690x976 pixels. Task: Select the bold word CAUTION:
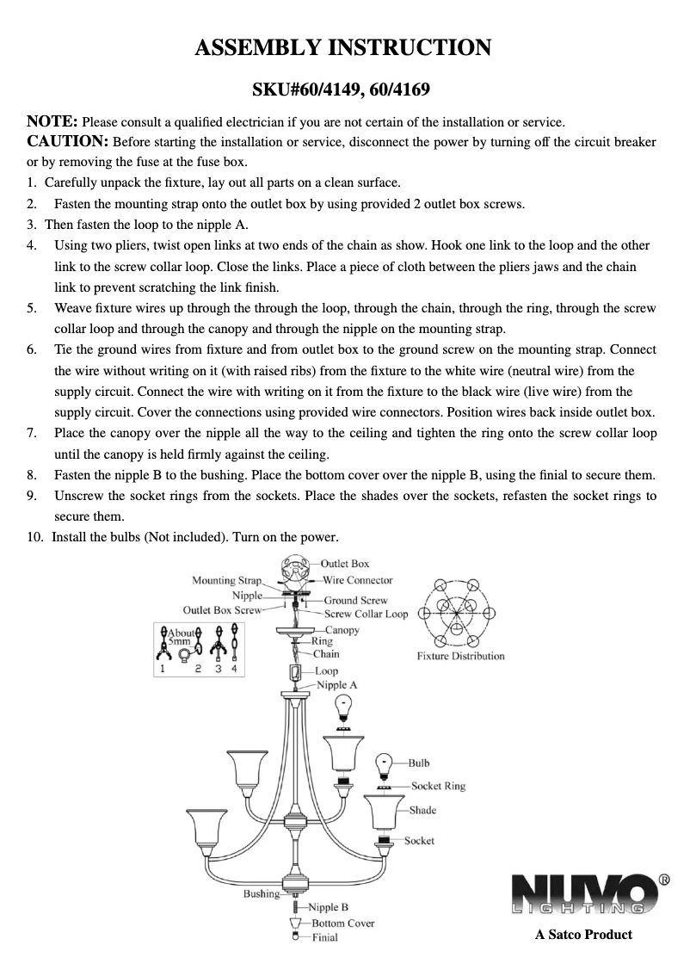(68, 141)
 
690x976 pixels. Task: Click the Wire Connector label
(357, 580)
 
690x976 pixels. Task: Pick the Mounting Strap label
(226, 581)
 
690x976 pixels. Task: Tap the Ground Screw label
(355, 600)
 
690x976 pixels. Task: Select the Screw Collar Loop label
(366, 614)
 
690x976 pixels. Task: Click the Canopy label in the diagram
(342, 631)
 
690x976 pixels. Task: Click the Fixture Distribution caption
(460, 656)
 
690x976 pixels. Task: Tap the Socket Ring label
(438, 786)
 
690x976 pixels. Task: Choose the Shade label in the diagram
(422, 810)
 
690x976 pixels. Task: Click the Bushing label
(262, 894)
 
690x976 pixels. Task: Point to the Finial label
(324, 937)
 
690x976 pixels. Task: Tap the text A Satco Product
(583, 935)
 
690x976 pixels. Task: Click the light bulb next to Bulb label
(385, 763)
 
